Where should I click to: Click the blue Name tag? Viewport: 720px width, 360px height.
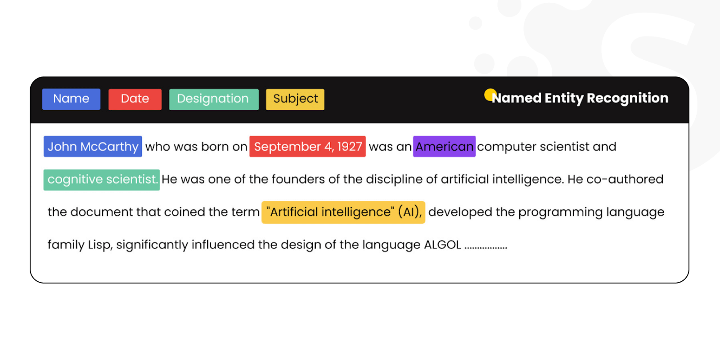(x=71, y=99)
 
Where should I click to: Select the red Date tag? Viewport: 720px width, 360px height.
(x=135, y=99)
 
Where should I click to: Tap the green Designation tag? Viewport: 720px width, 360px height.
(x=213, y=99)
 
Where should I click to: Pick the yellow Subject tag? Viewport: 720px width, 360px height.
(x=295, y=99)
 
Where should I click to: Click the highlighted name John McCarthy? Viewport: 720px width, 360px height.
(x=93, y=147)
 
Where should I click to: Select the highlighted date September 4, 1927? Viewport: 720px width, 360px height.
(x=307, y=147)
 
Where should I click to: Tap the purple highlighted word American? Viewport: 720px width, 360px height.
(x=444, y=147)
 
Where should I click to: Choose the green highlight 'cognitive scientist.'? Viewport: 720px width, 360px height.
(x=102, y=180)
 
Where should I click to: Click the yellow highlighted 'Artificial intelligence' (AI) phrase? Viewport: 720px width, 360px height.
(x=343, y=212)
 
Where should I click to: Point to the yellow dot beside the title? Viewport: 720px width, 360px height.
(x=490, y=94)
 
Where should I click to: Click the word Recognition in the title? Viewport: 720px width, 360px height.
(x=627, y=98)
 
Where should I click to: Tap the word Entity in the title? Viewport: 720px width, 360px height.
(x=564, y=98)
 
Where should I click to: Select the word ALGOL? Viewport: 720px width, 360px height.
(x=442, y=245)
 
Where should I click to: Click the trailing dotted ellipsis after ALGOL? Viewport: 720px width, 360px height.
(x=486, y=247)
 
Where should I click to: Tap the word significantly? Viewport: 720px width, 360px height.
(x=152, y=245)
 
